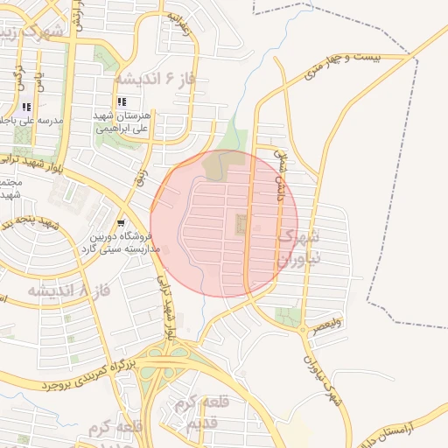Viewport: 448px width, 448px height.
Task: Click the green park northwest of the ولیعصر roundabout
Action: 285,316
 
